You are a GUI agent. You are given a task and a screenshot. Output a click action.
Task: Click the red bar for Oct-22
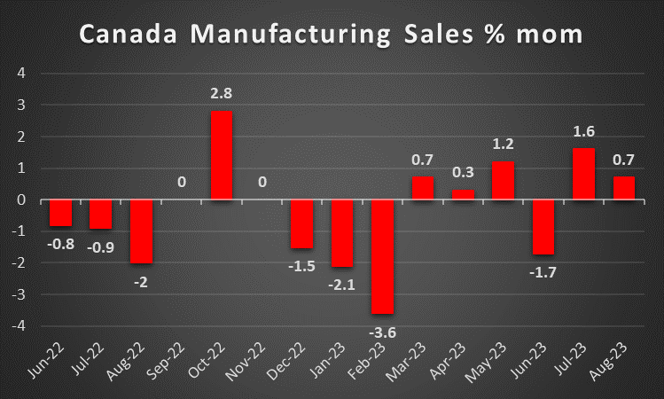[x=221, y=155]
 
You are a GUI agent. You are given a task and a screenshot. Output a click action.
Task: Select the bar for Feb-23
[x=382, y=256]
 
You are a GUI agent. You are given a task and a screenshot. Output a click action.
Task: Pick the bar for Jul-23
[x=583, y=174]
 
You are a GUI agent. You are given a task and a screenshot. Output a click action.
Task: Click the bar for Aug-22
[x=140, y=231]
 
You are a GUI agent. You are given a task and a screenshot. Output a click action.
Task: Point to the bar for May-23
[x=503, y=181]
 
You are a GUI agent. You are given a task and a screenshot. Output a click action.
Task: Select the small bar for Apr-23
[x=463, y=194]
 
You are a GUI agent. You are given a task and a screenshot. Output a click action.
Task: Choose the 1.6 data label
[x=583, y=131]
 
